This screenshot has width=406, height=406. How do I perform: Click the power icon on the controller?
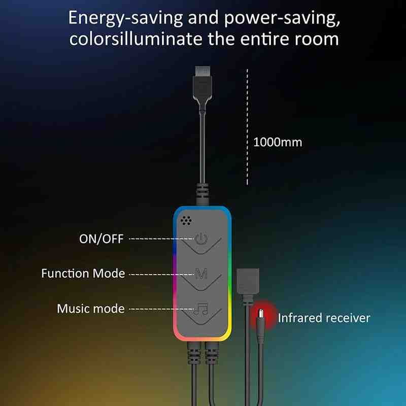(x=201, y=239)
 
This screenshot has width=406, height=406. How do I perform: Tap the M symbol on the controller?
(x=201, y=274)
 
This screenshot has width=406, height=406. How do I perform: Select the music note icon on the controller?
(x=201, y=308)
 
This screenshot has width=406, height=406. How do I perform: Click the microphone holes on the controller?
(x=186, y=221)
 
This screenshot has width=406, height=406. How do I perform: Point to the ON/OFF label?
(x=101, y=239)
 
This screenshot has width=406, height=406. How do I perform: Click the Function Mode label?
(x=83, y=274)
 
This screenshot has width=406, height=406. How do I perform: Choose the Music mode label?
(x=91, y=309)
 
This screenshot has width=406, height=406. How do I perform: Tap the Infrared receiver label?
(x=324, y=318)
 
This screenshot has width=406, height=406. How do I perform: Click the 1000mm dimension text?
(x=278, y=142)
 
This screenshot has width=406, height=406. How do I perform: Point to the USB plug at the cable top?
(x=202, y=83)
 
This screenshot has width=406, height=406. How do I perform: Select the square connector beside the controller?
(x=248, y=284)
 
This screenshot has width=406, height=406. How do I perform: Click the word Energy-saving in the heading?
(x=125, y=18)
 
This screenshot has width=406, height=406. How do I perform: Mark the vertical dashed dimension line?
(x=247, y=127)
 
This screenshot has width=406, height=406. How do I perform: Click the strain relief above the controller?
(x=202, y=194)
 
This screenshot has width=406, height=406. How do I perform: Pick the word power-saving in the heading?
(x=282, y=18)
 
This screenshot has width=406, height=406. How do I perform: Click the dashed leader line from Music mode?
(x=161, y=309)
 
